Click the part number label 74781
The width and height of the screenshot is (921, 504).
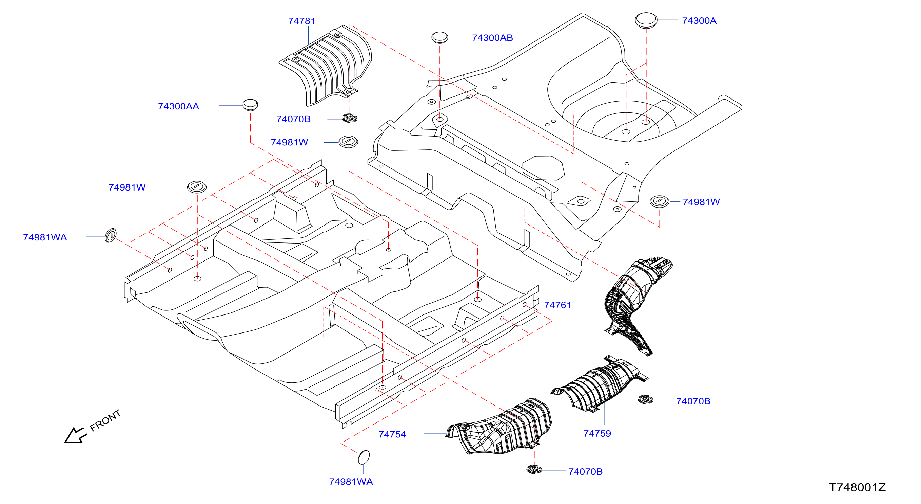point(302,21)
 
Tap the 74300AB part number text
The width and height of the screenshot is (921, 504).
point(492,38)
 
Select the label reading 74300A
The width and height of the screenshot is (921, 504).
point(699,21)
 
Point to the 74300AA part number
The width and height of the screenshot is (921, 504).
point(178,106)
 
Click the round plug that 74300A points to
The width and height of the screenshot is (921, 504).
point(646,20)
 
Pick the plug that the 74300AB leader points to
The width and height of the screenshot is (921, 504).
point(439,37)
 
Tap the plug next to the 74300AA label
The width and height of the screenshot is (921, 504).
point(250,105)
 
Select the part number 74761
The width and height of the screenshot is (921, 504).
point(557,305)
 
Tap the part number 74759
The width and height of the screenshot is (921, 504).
point(597,434)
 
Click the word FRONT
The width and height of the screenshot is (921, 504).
point(105,420)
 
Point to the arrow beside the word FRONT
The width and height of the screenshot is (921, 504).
point(75,435)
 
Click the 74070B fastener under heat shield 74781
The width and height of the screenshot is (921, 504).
point(350,118)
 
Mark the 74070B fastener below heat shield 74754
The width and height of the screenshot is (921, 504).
point(534,469)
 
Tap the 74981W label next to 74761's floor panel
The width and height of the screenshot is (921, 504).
point(701,202)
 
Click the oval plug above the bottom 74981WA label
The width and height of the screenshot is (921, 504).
point(364,457)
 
